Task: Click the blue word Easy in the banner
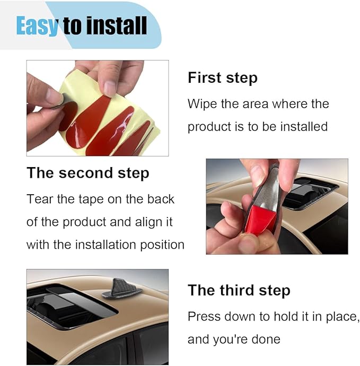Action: pyautogui.click(x=37, y=25)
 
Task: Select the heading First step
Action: pyautogui.click(x=223, y=77)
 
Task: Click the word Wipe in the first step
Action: pyautogui.click(x=202, y=104)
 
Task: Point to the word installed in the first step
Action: pyautogui.click(x=304, y=127)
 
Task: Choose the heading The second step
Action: pyautogui.click(x=88, y=173)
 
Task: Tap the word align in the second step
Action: pyautogui.click(x=147, y=222)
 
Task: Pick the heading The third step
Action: pyautogui.click(x=239, y=290)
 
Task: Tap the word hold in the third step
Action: pyautogui.click(x=285, y=317)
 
